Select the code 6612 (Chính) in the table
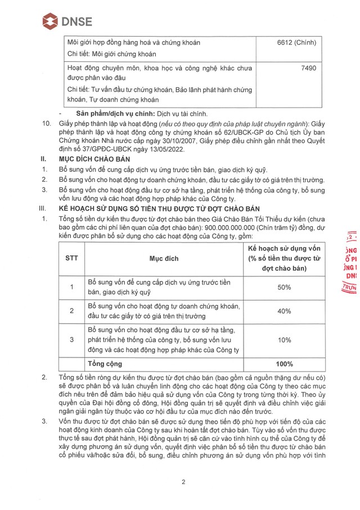296,43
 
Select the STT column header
71,258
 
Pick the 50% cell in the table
284,287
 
